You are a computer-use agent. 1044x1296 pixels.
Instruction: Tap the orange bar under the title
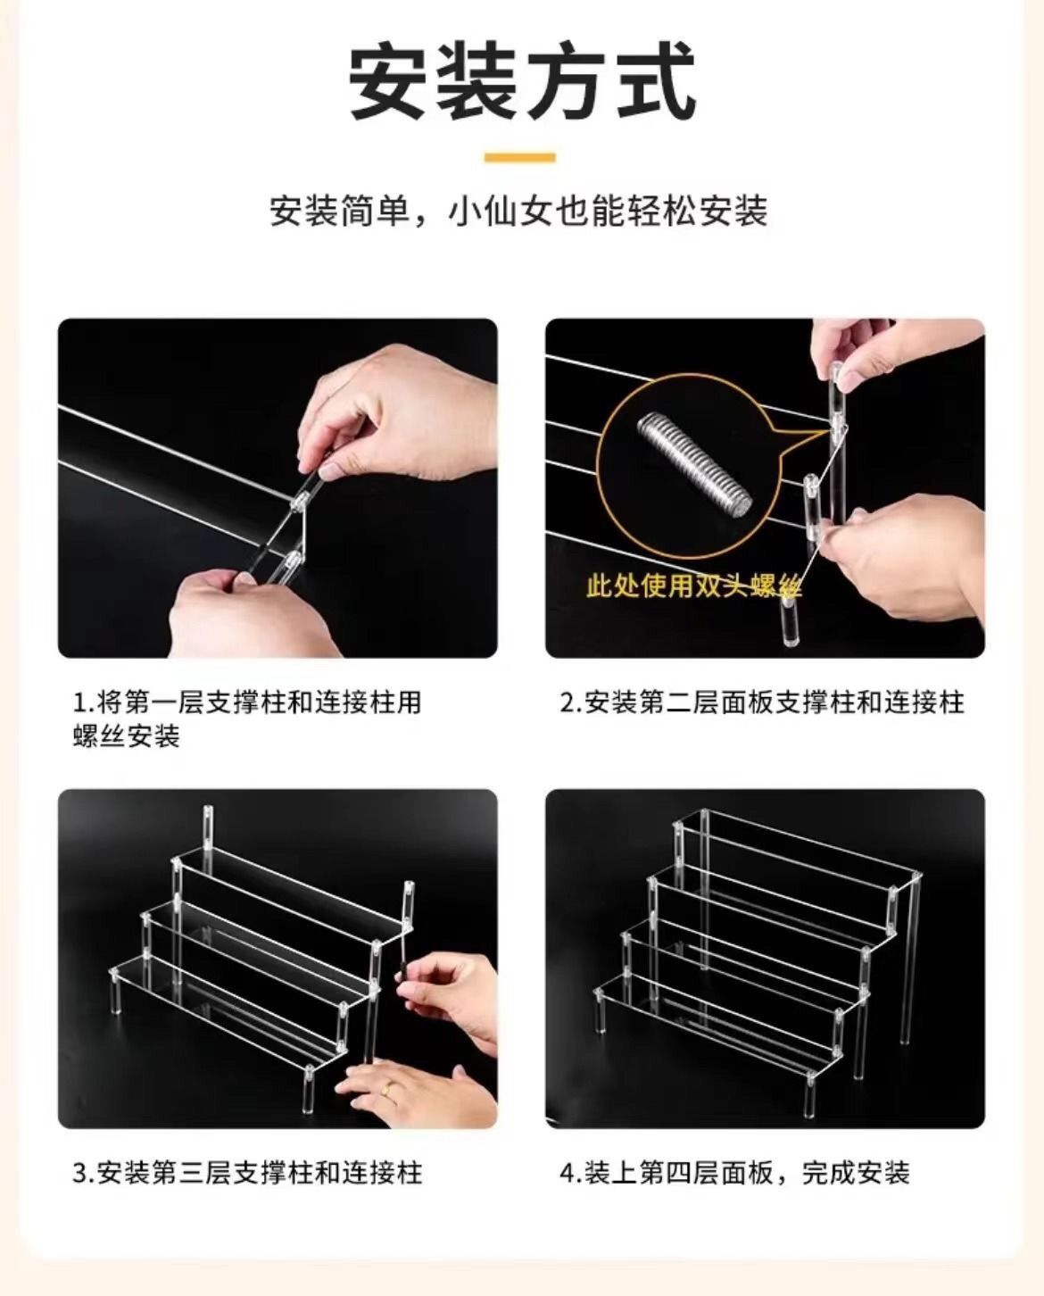coord(520,158)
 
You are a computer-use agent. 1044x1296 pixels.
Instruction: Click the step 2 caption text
coord(763,703)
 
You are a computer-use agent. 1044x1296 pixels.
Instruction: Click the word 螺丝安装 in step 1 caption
coord(127,736)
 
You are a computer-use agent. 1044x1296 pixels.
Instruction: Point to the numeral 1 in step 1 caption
coord(79,703)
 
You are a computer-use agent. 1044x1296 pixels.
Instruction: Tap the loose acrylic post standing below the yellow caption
coord(790,621)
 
